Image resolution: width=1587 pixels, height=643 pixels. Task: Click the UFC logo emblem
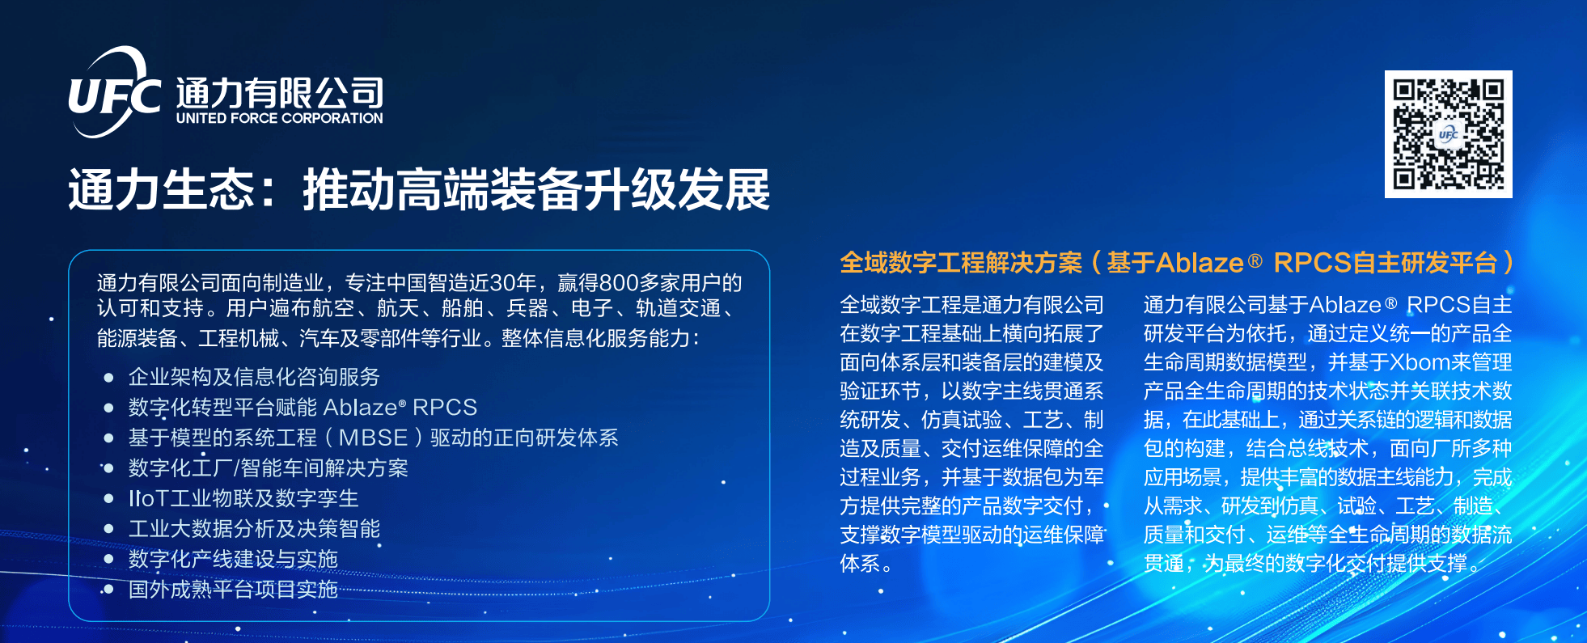tap(114, 92)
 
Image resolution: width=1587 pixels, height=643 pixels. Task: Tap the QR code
tap(1448, 134)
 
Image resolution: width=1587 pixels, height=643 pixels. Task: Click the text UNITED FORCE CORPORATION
tap(280, 118)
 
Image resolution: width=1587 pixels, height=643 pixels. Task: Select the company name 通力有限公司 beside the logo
tap(280, 93)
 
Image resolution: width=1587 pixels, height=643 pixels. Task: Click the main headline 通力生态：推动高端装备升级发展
tap(419, 190)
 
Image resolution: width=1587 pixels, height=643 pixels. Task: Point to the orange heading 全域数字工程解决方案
tap(961, 263)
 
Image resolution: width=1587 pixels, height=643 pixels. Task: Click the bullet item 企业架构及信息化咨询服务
tap(254, 377)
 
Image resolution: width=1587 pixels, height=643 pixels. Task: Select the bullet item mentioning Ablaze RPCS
tap(303, 407)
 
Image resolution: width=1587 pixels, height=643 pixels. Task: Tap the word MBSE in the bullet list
tap(373, 438)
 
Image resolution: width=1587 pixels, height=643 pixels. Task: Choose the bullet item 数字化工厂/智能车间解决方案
tap(269, 468)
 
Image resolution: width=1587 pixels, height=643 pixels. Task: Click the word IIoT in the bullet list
tap(148, 498)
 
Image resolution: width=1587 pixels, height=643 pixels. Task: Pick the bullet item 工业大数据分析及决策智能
tap(254, 529)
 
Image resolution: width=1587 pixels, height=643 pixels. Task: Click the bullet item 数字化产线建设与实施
tap(233, 559)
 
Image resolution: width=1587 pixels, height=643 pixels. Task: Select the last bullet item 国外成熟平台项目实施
tap(233, 590)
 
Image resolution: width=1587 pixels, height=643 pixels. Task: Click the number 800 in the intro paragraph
tap(620, 283)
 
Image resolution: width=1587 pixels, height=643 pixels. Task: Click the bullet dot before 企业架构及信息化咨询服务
tap(108, 378)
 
